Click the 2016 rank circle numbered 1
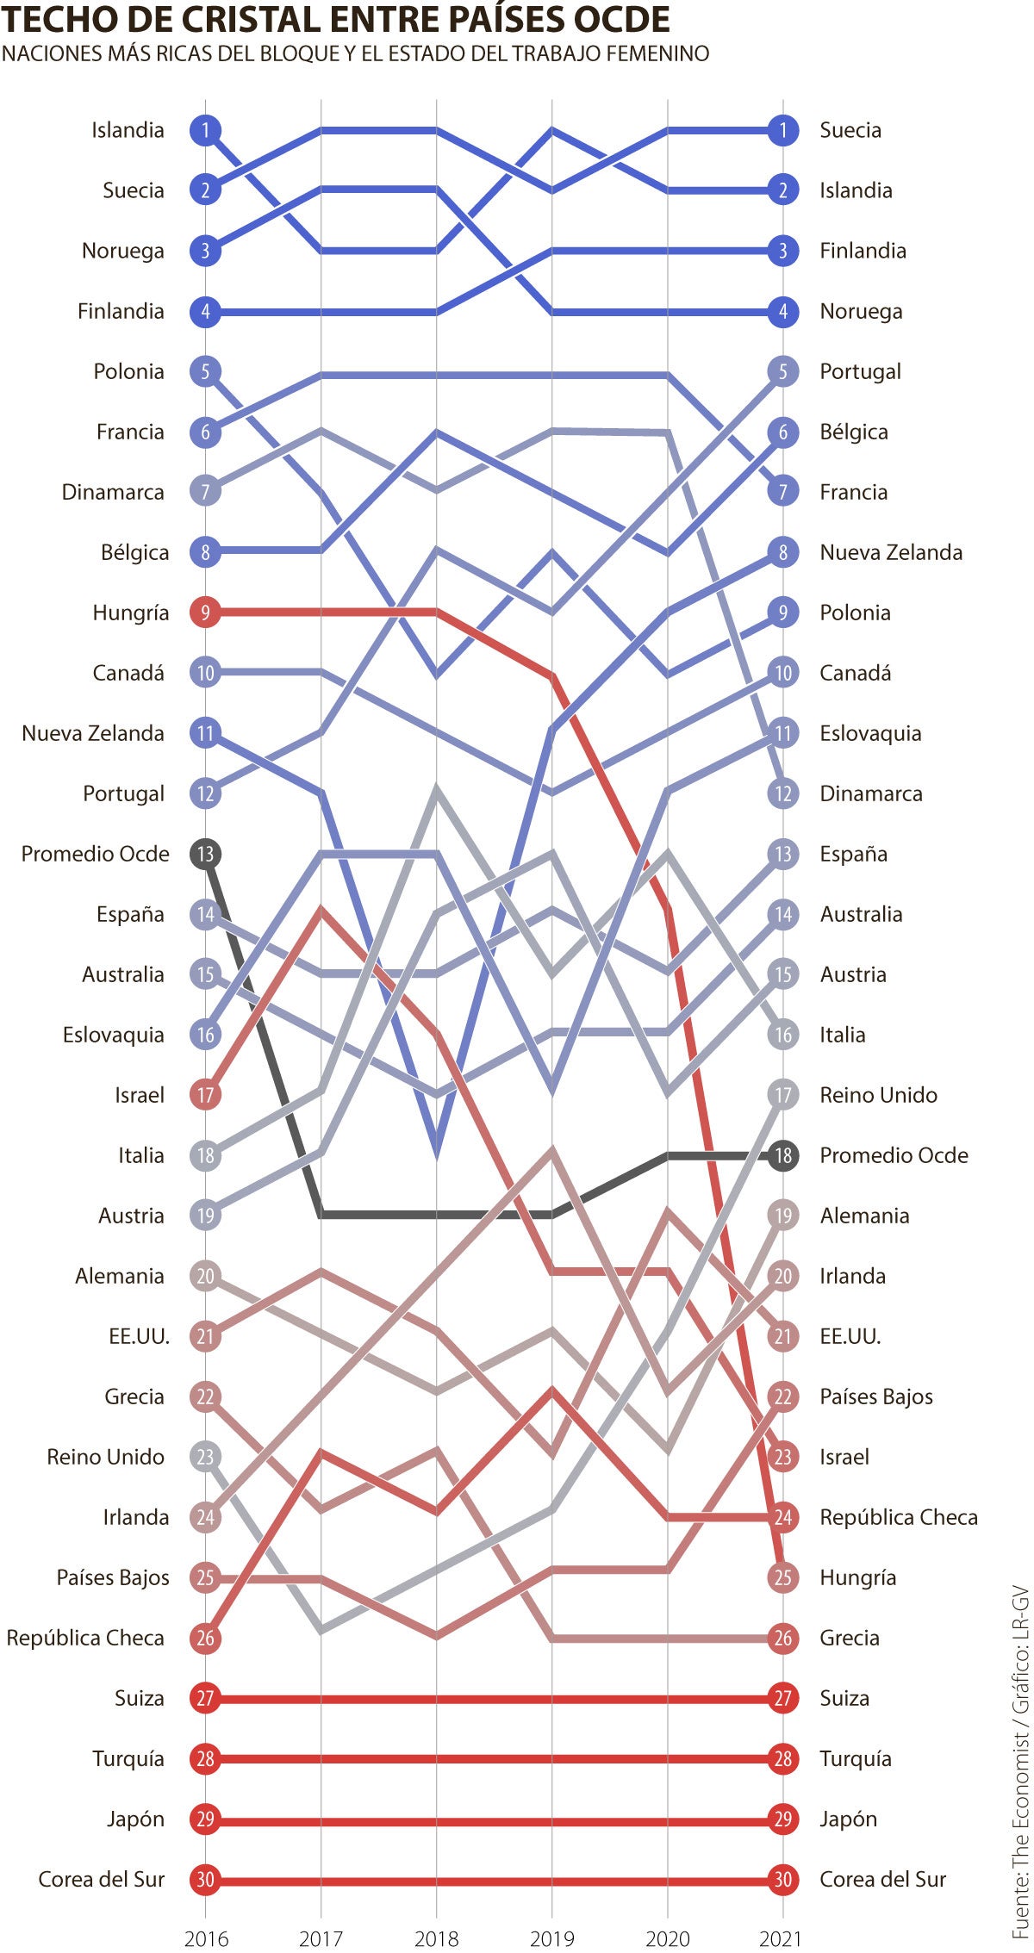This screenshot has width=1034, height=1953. click(205, 130)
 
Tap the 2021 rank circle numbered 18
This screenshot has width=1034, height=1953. click(782, 1155)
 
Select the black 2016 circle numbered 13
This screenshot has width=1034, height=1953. click(205, 854)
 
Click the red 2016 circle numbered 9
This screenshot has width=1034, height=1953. click(205, 613)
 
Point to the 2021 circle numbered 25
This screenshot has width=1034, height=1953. click(782, 1577)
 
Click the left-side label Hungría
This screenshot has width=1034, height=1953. click(130, 613)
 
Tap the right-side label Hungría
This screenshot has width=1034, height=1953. click(857, 1577)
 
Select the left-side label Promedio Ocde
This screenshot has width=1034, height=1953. click(95, 854)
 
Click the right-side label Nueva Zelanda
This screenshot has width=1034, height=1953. click(890, 552)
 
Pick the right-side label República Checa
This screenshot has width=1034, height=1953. click(898, 1517)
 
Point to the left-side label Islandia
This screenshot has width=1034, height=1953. click(128, 130)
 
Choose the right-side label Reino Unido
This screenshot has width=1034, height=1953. click(878, 1095)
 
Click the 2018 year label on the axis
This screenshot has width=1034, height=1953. click(436, 1938)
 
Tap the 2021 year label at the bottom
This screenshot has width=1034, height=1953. click(781, 1938)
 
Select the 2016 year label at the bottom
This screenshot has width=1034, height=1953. click(206, 1938)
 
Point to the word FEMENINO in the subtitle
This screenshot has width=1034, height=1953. click(657, 53)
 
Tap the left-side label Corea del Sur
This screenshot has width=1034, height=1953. click(101, 1879)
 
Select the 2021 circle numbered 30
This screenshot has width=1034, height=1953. click(782, 1879)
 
